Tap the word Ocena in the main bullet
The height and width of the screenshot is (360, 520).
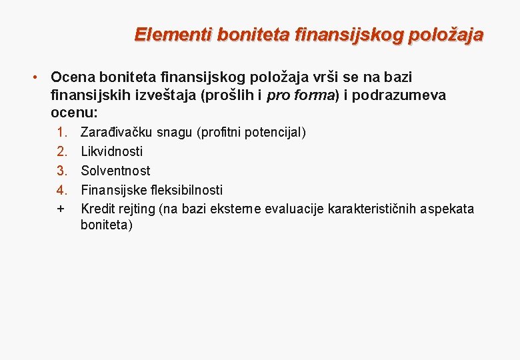pos(71,78)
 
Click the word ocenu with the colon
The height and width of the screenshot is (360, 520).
pos(74,112)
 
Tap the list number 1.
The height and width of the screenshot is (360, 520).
pos(62,132)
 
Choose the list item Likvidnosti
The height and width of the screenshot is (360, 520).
pos(111,151)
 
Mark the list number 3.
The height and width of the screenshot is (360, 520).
pos(62,171)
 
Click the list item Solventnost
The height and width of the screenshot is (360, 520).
pos(115,171)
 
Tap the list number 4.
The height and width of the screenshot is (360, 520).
pos(62,190)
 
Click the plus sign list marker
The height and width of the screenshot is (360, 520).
pos(61,209)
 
